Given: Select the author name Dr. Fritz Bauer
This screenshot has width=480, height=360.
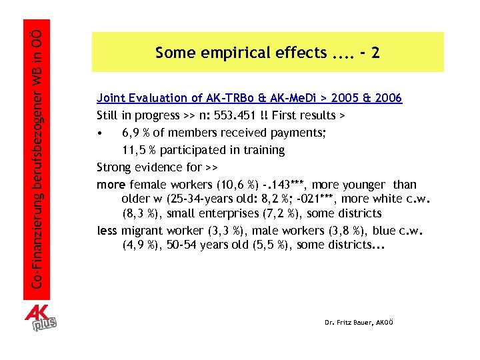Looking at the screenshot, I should click(359, 322).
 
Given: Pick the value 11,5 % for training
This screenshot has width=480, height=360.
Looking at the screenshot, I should click(138, 150).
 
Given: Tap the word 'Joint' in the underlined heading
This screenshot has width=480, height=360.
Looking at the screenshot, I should click(111, 98).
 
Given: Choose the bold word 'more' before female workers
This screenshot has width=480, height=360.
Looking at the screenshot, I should click(111, 185).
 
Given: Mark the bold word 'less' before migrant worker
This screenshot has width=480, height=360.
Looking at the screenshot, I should click(107, 231).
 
